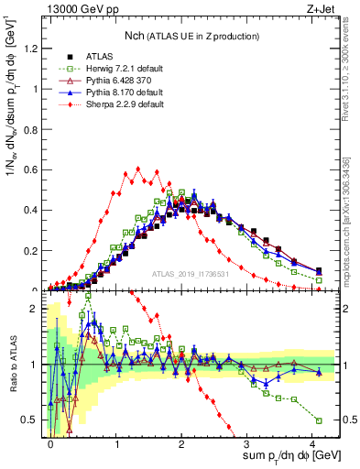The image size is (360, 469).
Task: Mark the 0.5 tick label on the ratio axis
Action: point(29,420)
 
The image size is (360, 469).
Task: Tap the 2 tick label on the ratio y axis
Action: point(33,310)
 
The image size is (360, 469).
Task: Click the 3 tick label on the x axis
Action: point(247,442)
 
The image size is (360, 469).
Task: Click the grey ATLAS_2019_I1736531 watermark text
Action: point(191,273)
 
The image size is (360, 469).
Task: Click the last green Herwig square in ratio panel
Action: point(319,420)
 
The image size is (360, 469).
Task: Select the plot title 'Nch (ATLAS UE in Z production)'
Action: point(191,35)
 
